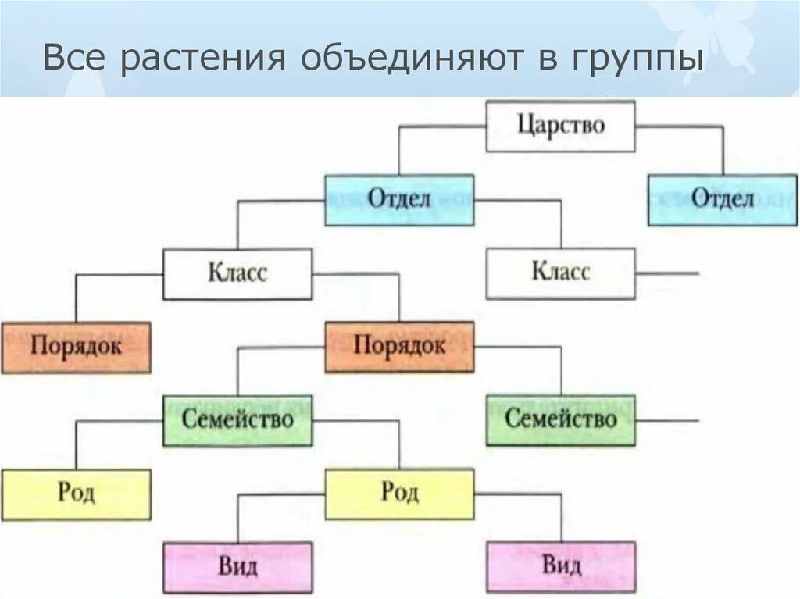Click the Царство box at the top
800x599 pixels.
(x=560, y=125)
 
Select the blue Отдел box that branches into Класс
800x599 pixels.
(x=399, y=199)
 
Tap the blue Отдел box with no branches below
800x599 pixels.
(x=722, y=199)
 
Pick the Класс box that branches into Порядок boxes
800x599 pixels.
(x=237, y=273)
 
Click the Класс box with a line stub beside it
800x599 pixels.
(x=560, y=273)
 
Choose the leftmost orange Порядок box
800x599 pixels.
(x=76, y=346)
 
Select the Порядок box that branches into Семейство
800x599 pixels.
(x=399, y=346)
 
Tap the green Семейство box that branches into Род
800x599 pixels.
(x=237, y=420)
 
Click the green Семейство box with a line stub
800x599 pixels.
(x=560, y=420)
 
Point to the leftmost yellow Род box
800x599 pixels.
(x=76, y=494)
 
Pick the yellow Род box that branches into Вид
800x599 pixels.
(x=399, y=494)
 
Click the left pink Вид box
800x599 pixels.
(x=237, y=567)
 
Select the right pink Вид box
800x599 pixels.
(x=560, y=567)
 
